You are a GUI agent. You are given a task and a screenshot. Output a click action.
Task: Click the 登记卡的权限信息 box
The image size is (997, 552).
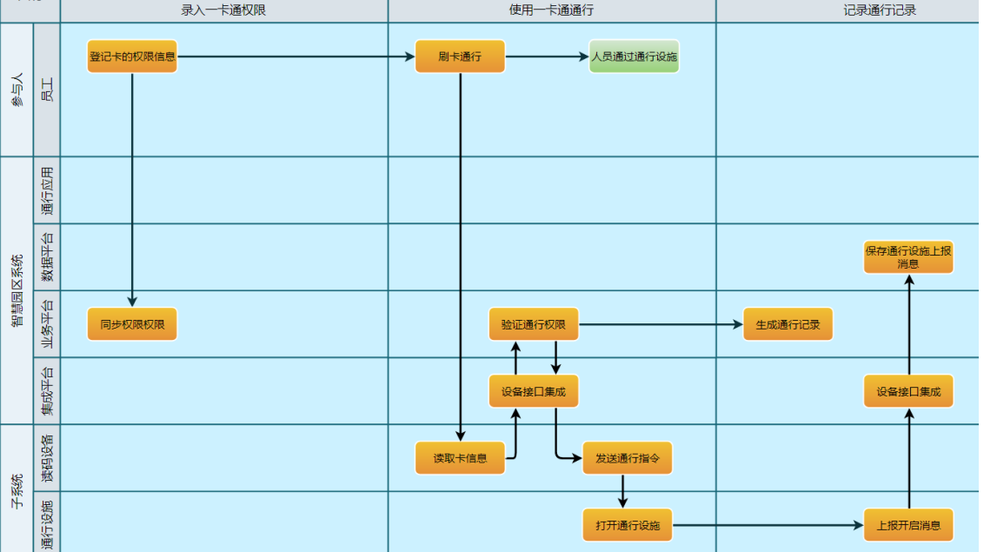tap(132, 57)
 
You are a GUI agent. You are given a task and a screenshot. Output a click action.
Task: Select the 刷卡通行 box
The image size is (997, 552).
tap(460, 57)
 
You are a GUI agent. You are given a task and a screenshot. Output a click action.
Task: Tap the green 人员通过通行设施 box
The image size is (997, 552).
tap(634, 57)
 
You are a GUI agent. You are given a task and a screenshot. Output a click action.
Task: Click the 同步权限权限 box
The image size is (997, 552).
tap(132, 324)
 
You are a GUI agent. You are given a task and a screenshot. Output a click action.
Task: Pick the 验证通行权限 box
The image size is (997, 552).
tap(534, 324)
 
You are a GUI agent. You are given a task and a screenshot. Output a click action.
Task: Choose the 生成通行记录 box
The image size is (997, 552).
tap(788, 324)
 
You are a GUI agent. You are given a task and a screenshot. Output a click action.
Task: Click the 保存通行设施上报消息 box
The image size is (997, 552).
tap(908, 257)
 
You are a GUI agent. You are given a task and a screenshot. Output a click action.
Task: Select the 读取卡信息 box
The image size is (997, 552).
tap(460, 458)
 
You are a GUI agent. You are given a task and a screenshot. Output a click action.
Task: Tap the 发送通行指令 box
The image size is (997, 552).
tap(627, 458)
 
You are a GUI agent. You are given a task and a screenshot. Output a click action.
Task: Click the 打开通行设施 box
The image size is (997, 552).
tap(627, 525)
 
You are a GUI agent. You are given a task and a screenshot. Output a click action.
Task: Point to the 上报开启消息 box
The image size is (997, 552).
tap(908, 525)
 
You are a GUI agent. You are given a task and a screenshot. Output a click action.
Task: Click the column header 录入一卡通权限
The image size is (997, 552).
tap(224, 10)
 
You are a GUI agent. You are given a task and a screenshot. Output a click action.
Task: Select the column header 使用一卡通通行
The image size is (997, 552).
tap(552, 10)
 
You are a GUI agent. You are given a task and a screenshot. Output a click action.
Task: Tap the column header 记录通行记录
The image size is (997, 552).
tap(880, 10)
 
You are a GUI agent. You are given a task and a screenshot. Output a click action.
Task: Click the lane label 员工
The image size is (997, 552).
tap(47, 90)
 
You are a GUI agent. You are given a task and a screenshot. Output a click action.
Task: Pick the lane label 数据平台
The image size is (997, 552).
tap(47, 257)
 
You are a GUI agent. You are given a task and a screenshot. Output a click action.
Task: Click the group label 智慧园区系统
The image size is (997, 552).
tap(17, 290)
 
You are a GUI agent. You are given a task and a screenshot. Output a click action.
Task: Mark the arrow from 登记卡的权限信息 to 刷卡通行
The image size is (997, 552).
tap(296, 57)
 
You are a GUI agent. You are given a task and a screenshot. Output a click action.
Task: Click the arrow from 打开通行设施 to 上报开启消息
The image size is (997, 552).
tap(768, 525)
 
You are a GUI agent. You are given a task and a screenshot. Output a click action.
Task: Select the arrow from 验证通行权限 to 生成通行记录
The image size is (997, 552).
tap(661, 324)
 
